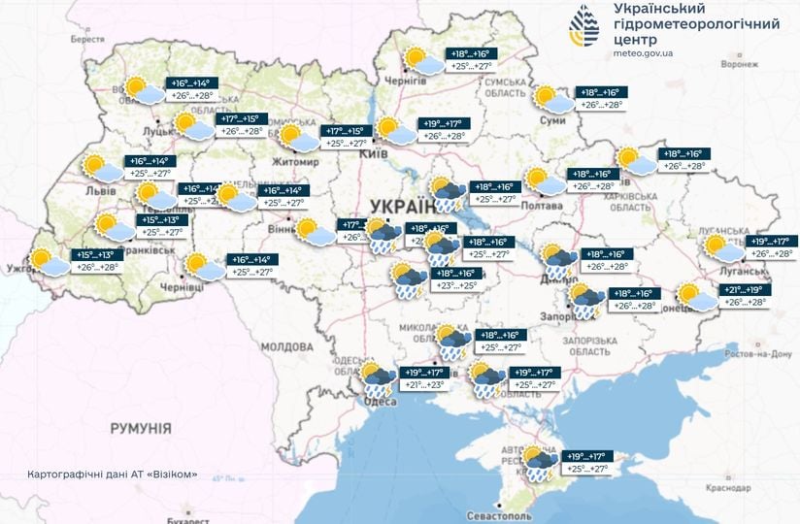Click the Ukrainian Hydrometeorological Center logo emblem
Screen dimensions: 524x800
coord(583,25)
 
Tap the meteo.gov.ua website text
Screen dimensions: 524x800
coord(644,56)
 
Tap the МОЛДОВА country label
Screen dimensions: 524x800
coord(286,346)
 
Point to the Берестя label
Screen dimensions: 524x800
coord(87,39)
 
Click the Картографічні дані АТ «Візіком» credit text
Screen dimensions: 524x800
coord(113,475)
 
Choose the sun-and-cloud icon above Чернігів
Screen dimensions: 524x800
coord(422,60)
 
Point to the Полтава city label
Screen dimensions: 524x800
coord(544,206)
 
